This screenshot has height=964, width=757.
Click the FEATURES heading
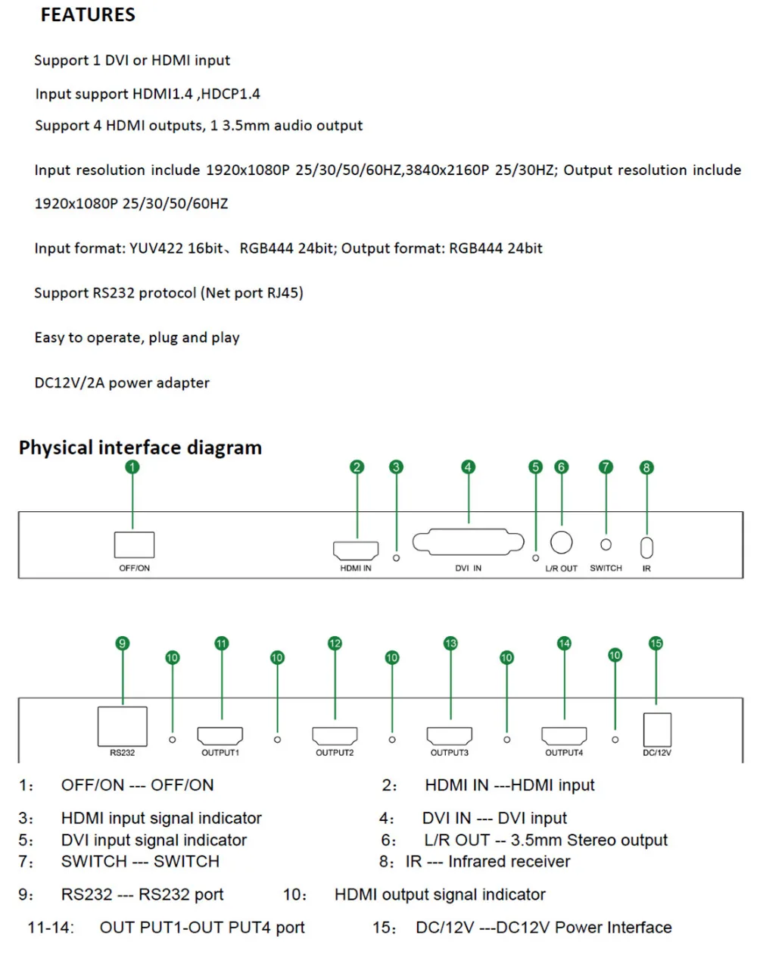(88, 14)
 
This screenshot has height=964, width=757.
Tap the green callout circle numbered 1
(132, 466)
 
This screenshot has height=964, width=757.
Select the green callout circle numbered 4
(468, 466)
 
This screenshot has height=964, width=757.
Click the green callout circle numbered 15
(656, 643)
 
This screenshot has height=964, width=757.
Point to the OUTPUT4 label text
(564, 753)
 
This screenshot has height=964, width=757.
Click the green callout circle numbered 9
(123, 643)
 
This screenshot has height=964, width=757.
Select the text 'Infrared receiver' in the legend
(509, 861)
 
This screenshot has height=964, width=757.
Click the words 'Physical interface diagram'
(140, 448)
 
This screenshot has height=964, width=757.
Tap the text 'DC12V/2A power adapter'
(122, 382)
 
